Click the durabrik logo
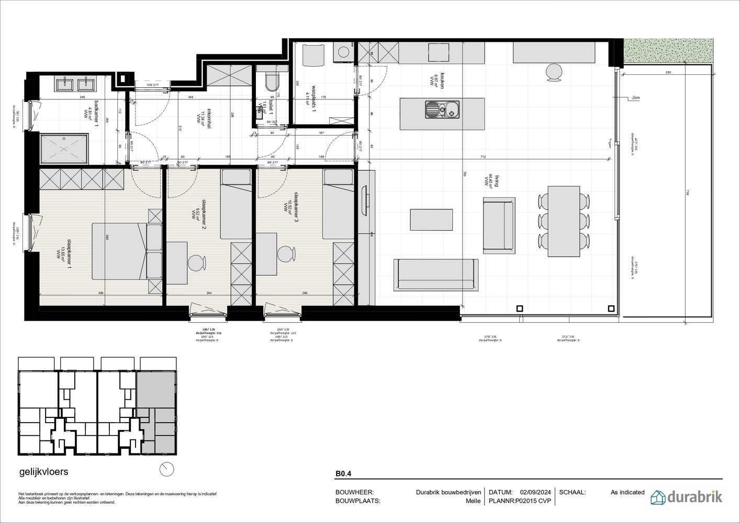click(x=686, y=496)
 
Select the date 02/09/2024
click(x=535, y=492)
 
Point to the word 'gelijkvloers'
click(x=43, y=472)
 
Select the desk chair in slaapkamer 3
click(x=285, y=254)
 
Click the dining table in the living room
click(x=564, y=221)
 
